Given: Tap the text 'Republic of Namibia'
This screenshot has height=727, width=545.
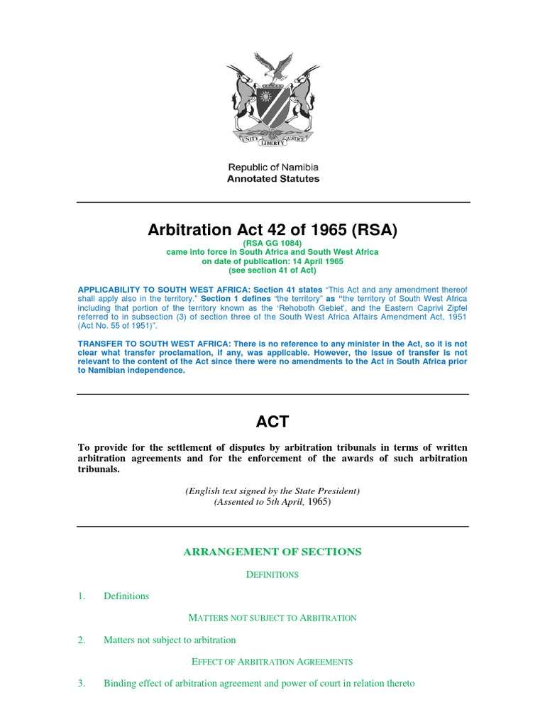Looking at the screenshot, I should point(272,167).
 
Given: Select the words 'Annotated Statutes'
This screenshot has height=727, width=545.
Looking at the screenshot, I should point(272,179).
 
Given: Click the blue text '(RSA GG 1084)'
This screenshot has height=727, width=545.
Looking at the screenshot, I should point(272,243).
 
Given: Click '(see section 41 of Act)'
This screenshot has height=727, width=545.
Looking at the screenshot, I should point(272,270).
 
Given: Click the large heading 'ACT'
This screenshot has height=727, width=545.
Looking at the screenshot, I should point(272,422).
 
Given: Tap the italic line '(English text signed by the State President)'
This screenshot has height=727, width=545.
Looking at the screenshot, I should point(272,491).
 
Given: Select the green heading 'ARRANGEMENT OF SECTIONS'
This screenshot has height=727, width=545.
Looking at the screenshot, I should point(272,552).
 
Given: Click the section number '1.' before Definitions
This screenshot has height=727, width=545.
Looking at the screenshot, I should point(82,596).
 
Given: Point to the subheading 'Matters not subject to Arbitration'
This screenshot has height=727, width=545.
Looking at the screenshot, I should point(272,618).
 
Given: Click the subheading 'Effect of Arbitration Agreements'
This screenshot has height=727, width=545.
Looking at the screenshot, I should point(272,662).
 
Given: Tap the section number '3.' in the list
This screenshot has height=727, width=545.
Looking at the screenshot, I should point(82,683).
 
